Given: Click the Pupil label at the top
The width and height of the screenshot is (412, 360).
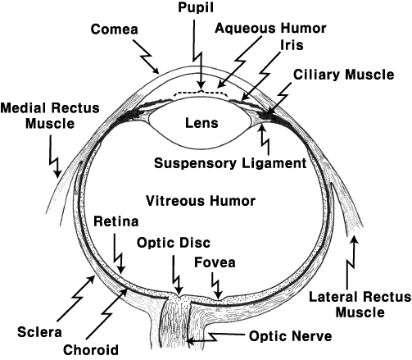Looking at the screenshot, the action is click(x=196, y=8).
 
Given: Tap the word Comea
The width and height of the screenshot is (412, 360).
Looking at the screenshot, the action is click(x=115, y=30).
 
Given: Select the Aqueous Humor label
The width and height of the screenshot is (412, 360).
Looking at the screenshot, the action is click(x=270, y=28).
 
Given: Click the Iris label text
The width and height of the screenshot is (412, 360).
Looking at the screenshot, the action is click(x=292, y=44).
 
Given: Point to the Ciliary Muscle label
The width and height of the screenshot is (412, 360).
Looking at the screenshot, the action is click(x=344, y=75).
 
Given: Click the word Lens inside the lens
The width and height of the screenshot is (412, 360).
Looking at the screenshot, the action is click(x=201, y=123).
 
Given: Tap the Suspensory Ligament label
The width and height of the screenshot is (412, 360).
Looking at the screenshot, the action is click(x=230, y=163).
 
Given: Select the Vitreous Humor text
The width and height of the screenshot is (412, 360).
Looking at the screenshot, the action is click(x=201, y=201).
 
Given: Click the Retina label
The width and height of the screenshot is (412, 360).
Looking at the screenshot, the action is click(x=116, y=221).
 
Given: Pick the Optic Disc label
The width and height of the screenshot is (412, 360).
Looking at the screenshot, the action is click(x=174, y=243).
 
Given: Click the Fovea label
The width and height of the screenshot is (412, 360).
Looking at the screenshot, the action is click(x=215, y=262).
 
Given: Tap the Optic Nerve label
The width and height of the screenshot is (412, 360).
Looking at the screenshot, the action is click(x=291, y=336).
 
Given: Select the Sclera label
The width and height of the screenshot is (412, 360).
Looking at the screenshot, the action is click(x=39, y=332).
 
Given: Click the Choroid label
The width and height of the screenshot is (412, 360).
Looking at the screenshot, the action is click(x=91, y=349).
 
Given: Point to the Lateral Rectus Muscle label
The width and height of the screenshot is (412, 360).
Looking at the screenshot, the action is click(x=360, y=304).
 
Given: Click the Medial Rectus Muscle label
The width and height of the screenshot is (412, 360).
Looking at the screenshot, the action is click(x=50, y=116).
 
